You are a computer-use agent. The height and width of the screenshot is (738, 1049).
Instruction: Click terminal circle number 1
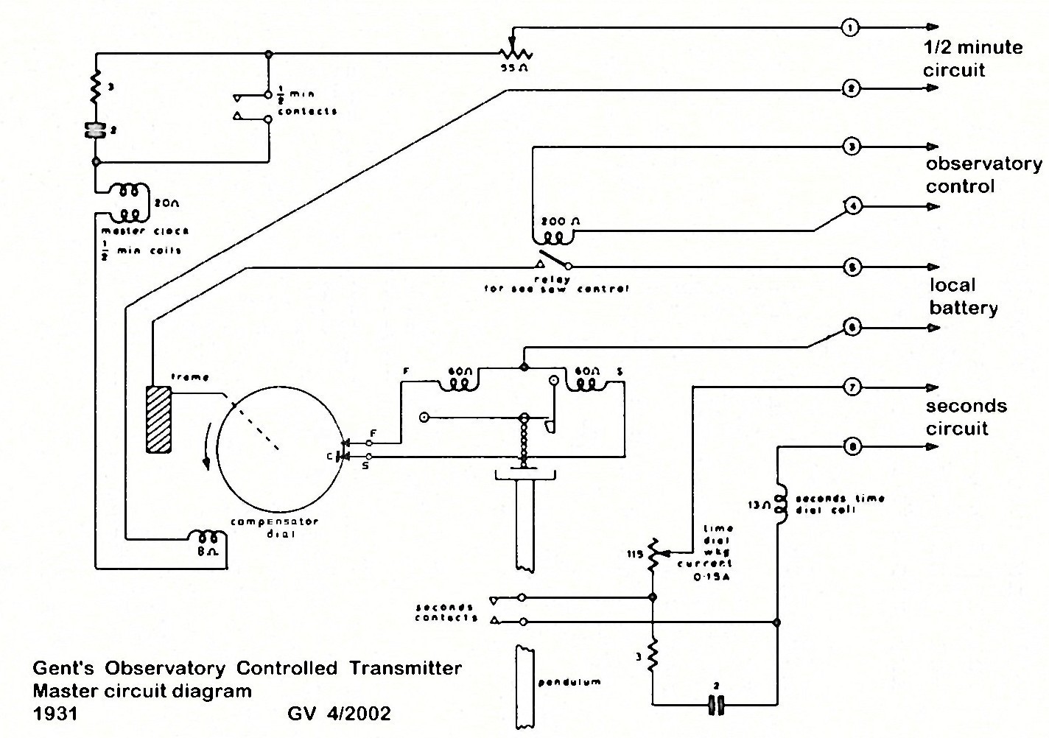(x=851, y=28)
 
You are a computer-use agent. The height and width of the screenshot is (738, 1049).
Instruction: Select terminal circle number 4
(x=852, y=206)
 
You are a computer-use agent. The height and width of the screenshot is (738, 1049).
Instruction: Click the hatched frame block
(x=158, y=419)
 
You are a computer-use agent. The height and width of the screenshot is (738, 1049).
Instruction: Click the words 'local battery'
(x=964, y=296)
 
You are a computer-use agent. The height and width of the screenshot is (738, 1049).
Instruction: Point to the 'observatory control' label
(x=983, y=175)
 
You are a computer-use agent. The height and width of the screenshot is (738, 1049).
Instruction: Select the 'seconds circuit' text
(x=966, y=417)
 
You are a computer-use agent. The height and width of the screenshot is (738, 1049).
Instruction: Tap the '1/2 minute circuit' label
(x=972, y=58)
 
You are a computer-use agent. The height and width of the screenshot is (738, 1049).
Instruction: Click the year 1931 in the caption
(x=55, y=713)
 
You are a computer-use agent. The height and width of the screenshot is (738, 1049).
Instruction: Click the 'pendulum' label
(x=569, y=682)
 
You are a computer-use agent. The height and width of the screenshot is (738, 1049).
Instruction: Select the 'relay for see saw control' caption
(x=556, y=284)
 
